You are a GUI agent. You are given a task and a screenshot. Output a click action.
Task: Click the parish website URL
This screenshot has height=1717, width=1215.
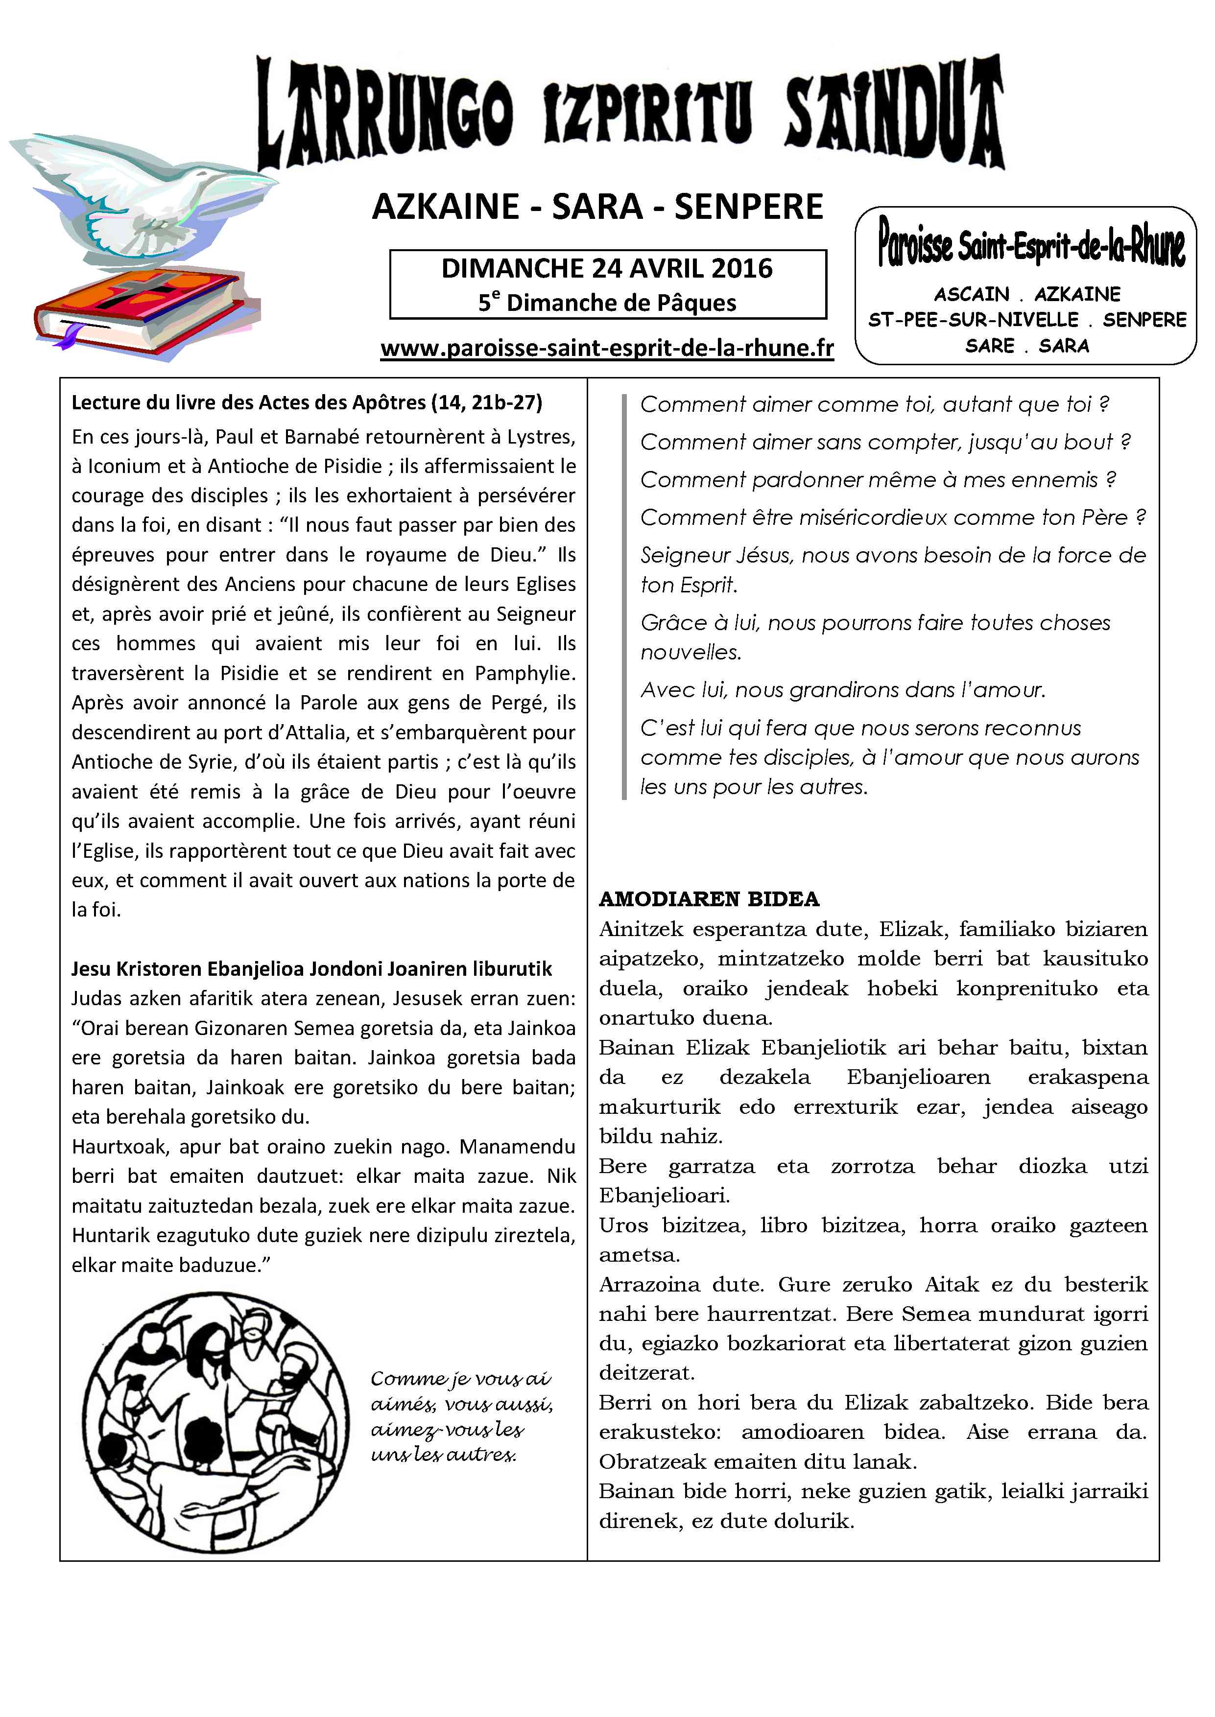click(607, 349)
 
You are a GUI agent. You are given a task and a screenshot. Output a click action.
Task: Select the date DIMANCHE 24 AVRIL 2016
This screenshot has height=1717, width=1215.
click(607, 268)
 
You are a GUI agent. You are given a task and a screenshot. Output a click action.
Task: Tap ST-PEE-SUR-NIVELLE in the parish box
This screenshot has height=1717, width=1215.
click(973, 320)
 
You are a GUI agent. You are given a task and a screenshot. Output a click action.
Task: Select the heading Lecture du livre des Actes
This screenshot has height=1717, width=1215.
click(307, 403)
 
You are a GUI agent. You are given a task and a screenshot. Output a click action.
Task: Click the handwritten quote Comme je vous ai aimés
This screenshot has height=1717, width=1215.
click(461, 1415)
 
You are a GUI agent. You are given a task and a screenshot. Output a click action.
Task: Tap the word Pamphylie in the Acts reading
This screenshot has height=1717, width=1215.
click(524, 673)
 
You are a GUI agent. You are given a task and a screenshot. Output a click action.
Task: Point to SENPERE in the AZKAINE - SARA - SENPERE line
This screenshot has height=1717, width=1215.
click(748, 207)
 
